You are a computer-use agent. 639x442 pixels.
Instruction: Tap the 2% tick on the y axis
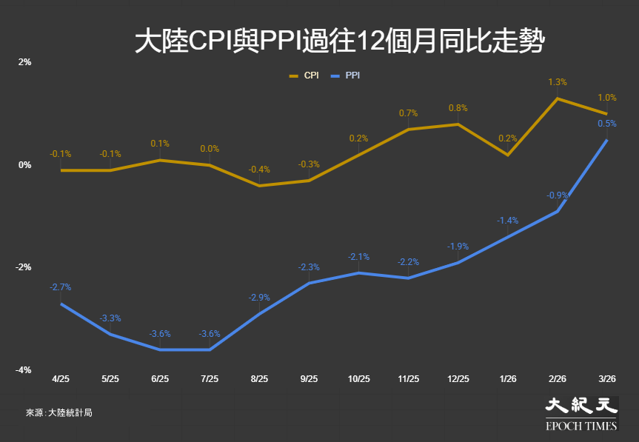(25, 62)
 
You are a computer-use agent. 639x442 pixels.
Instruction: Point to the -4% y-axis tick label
(24, 370)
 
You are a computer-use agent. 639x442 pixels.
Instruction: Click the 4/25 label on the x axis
(61, 378)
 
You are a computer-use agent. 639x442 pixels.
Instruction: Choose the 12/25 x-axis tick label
(458, 378)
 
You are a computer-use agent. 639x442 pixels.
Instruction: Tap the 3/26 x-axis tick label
(607, 378)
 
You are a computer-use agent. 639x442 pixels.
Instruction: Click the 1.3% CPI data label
(558, 82)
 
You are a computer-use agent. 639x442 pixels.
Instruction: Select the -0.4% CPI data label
(259, 170)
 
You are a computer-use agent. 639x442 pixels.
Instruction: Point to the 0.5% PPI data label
(607, 124)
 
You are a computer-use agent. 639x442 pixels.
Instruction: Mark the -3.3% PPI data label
(110, 318)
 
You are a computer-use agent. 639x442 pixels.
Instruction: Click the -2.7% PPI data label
(61, 287)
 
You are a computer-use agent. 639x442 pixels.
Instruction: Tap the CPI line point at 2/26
(558, 98)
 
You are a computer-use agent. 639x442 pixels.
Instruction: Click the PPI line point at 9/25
(309, 283)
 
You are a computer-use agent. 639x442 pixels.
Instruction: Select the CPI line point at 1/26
(508, 155)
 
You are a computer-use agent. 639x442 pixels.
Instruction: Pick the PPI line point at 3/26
(607, 140)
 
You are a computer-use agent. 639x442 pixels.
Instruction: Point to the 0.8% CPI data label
(458, 108)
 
